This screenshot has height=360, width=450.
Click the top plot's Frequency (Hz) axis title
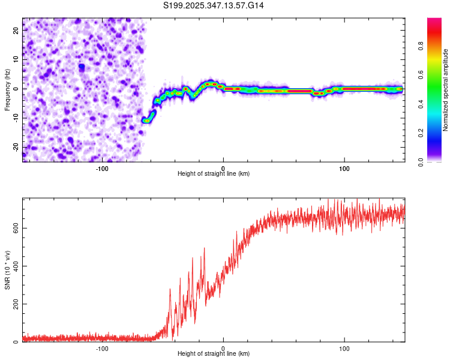click(7, 89)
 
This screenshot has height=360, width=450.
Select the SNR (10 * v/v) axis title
click(7, 270)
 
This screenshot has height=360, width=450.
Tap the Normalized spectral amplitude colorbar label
click(446, 90)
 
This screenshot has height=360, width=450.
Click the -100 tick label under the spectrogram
click(102, 168)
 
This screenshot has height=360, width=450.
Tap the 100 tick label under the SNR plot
click(344, 349)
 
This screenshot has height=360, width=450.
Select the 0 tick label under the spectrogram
click(223, 168)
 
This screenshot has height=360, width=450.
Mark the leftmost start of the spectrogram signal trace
click(143, 121)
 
